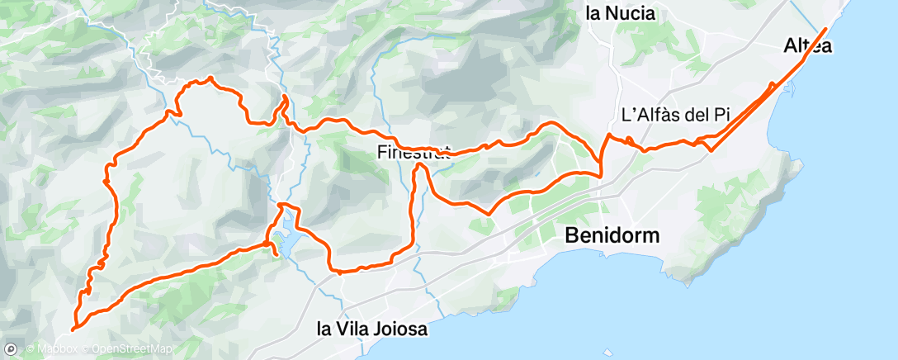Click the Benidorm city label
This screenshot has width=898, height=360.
[612, 235]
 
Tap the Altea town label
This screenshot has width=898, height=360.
[807, 47]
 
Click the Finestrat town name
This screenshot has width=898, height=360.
[413, 152]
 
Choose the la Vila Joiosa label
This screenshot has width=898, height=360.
[372, 329]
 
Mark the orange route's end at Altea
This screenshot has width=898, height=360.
[825, 30]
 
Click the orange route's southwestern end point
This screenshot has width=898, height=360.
[73, 329]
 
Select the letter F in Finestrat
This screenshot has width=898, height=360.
[381, 152]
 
